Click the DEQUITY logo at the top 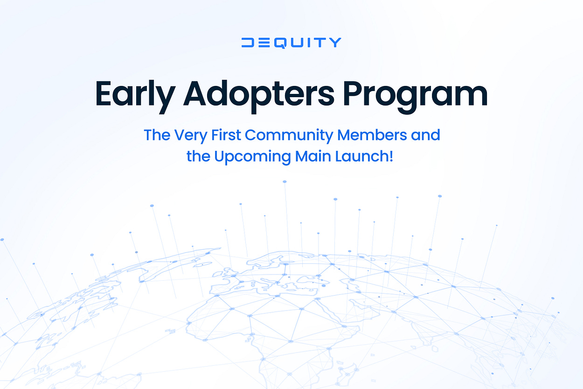tap(291, 42)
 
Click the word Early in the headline tap(133, 94)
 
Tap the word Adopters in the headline tap(259, 94)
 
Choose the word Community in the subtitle tap(289, 135)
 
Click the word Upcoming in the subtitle tap(252, 156)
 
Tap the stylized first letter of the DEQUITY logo tap(248, 42)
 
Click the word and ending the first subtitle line tap(424, 135)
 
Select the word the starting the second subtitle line tap(198, 156)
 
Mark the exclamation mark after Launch tap(391, 156)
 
